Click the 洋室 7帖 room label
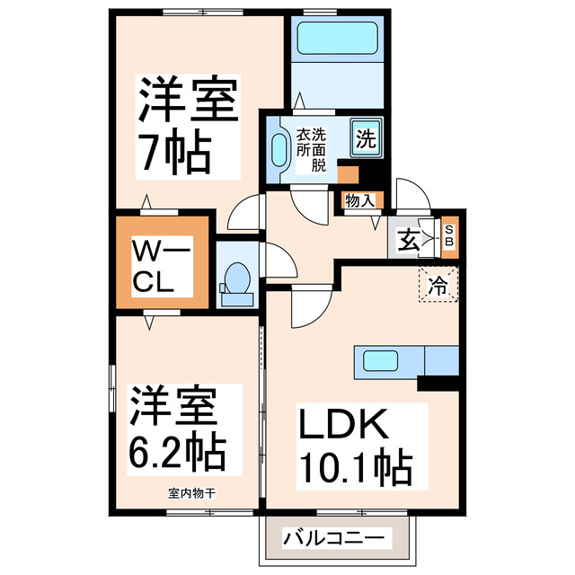click(187, 127)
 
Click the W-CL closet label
click(161, 265)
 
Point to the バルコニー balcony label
click(334, 538)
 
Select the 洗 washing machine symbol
click(365, 139)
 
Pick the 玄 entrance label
click(410, 241)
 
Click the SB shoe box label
click(450, 236)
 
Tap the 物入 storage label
click(359, 201)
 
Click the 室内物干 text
click(190, 493)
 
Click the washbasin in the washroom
click(278, 148)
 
